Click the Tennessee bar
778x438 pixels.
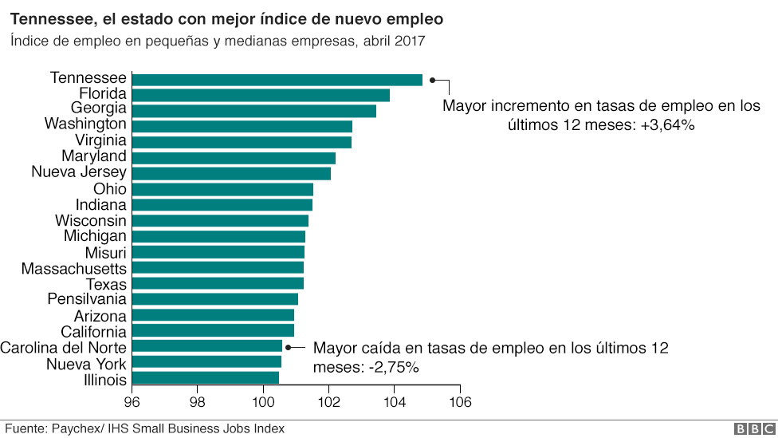[x=277, y=79]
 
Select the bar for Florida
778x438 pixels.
[x=261, y=95]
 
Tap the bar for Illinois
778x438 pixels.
[x=205, y=377]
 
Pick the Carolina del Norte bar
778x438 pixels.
[x=206, y=346]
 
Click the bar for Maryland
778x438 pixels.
[x=234, y=157]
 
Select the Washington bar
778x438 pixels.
[x=242, y=126]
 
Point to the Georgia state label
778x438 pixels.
[x=98, y=109]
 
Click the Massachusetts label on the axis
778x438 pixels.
[x=73, y=268]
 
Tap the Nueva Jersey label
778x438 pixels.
[x=78, y=172]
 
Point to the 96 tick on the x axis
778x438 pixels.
[x=132, y=402]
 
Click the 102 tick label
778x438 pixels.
[x=328, y=402]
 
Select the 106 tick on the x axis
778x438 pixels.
[x=459, y=402]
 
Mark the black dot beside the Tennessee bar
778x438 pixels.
[x=432, y=80]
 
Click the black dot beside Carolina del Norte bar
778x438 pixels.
[x=289, y=347]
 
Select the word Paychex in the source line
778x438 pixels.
[x=76, y=429]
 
